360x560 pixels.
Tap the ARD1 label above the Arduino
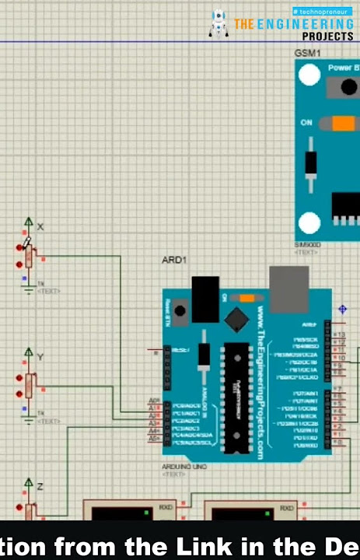(173, 259)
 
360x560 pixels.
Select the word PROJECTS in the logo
(327, 37)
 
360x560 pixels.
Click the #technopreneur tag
(320, 12)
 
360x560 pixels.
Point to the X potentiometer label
(40, 226)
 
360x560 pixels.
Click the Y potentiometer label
(40, 357)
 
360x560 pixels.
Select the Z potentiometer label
(40, 486)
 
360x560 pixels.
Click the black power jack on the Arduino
(205, 298)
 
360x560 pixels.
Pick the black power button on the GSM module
(342, 88)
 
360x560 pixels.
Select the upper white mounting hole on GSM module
(309, 75)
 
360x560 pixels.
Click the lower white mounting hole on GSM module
(309, 223)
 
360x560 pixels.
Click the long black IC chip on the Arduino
(232, 397)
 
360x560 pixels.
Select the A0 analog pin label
(153, 401)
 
